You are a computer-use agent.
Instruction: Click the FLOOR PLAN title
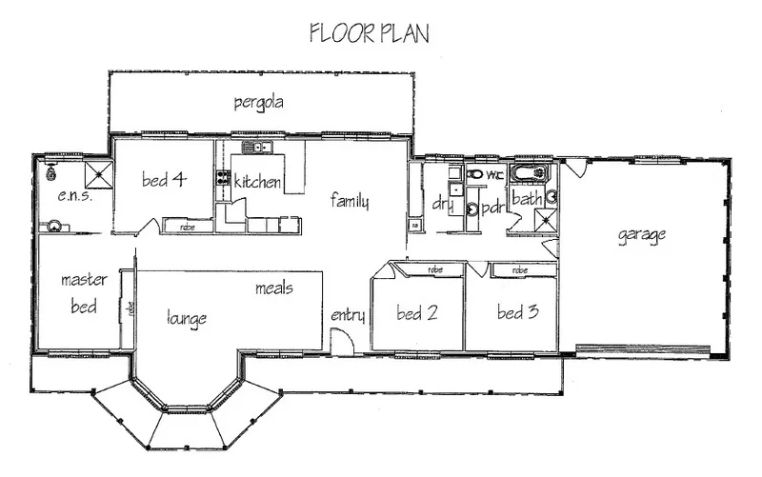(370, 34)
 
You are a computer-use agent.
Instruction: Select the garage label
(640, 234)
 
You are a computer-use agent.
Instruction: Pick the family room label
(350, 201)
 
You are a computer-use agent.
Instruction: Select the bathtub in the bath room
(529, 174)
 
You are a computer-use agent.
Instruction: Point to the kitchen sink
(256, 147)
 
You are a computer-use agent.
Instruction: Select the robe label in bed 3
(520, 270)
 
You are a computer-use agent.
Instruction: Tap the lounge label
(187, 318)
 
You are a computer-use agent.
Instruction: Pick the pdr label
(493, 208)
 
